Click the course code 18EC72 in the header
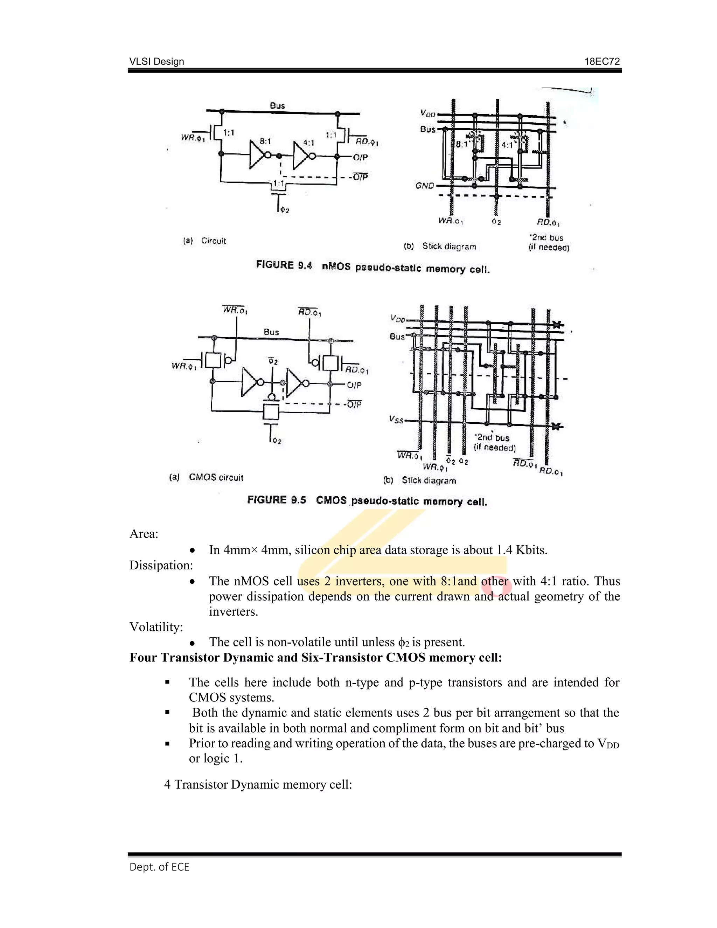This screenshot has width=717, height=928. coord(602,62)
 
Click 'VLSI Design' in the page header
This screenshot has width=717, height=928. coord(157,62)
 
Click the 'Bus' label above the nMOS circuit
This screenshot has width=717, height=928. coord(277,105)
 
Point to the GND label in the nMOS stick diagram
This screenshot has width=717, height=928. coord(425,186)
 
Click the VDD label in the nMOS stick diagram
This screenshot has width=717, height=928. coord(427,113)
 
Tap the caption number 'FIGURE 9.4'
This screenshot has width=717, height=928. coord(284,265)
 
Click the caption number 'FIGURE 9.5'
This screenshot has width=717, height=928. coord(277,500)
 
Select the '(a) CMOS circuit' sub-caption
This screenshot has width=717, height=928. coord(207,477)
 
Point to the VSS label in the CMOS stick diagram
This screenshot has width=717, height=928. coord(396,420)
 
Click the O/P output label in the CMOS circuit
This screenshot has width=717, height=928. coord(354,385)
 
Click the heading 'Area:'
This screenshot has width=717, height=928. coord(144,534)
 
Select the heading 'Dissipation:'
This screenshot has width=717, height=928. coord(161,565)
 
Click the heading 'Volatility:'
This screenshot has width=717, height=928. coord(156,627)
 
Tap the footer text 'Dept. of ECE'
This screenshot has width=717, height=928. coord(159,867)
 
